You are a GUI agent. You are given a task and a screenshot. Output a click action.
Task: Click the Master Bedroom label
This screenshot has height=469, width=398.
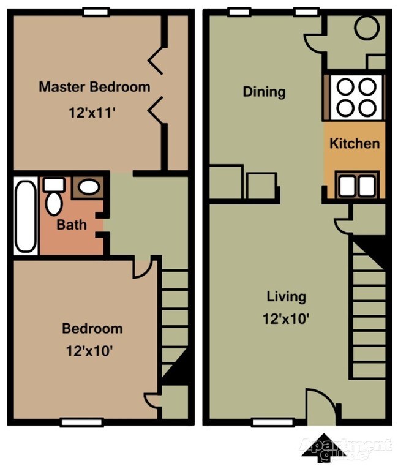[x=94, y=86]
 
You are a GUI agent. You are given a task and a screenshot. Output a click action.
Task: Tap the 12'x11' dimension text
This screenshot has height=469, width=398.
[x=94, y=113]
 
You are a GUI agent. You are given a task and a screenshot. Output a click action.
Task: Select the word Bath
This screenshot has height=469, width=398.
[x=72, y=225]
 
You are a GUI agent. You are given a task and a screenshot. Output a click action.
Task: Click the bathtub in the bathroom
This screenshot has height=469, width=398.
[x=26, y=216]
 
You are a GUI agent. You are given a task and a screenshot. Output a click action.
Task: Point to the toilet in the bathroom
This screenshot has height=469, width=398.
[x=54, y=198]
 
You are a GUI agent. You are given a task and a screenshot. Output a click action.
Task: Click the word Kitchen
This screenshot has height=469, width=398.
[x=355, y=144]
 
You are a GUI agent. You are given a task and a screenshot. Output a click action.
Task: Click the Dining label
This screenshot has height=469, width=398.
[x=264, y=92]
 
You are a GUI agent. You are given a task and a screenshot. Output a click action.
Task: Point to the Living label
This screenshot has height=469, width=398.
[x=286, y=297]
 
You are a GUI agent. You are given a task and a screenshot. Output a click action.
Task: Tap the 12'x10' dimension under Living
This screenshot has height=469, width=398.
[x=286, y=318]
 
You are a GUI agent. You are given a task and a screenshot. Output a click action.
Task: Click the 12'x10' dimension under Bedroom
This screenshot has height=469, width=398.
[x=92, y=351]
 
